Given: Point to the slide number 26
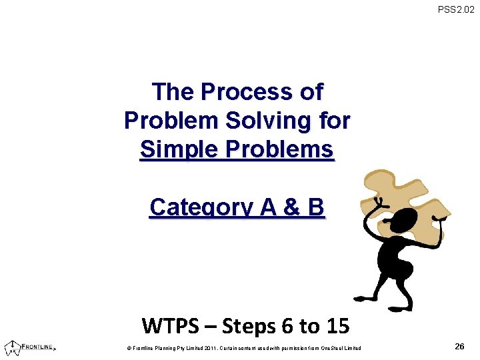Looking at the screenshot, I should coord(459,346).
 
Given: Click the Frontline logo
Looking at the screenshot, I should coord(29,347).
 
